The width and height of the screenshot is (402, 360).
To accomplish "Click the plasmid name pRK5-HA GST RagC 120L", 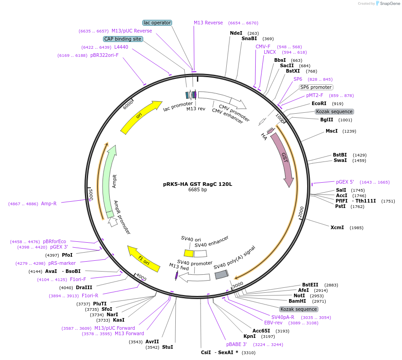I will coord(197,184).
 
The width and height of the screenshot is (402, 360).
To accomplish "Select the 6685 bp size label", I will coord(197,190).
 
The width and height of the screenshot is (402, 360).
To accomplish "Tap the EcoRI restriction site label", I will coord(319,103).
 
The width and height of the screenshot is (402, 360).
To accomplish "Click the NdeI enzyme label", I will coord(236,33).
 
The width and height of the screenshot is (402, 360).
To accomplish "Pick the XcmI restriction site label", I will coord(337,227).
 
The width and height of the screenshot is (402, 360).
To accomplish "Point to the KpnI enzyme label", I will coord(249,336).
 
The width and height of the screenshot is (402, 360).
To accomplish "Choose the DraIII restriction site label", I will coord(84,287).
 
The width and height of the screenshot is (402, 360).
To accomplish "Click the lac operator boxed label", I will coord(157,23).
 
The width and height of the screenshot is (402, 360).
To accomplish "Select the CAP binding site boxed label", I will coord(123,39).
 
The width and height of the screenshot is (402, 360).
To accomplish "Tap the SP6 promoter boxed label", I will coord(316,87).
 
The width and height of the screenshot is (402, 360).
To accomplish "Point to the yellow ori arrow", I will coord(140,117).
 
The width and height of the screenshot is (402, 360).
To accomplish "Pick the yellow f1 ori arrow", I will coord(144,259).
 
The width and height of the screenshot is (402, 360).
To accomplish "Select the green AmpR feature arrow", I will coord(108,180).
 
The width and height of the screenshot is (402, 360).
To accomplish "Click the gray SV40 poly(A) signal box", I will coord(221,274).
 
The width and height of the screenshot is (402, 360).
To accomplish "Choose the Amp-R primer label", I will coord(49,203).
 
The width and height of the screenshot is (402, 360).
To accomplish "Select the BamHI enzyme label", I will coord(297,301).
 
